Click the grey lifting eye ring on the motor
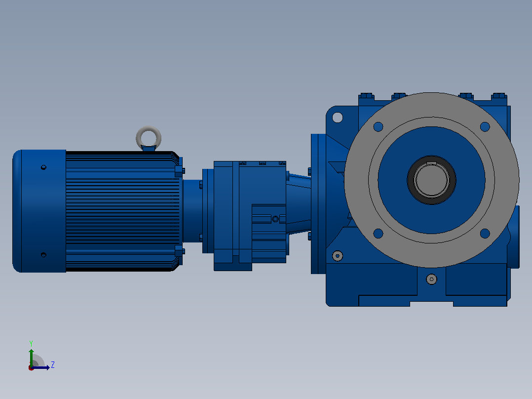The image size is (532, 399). (x=149, y=128)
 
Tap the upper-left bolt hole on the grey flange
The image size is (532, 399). (x=379, y=126)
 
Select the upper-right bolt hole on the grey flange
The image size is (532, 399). (x=485, y=126)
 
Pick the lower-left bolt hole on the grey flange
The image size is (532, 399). (x=379, y=233)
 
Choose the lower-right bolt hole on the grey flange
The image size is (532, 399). (x=485, y=233)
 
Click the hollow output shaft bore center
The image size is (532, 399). (x=431, y=180)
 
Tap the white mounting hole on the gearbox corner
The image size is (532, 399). (x=337, y=118)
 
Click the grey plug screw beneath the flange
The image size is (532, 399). (x=431, y=279)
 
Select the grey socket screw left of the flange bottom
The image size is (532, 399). (x=337, y=256)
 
